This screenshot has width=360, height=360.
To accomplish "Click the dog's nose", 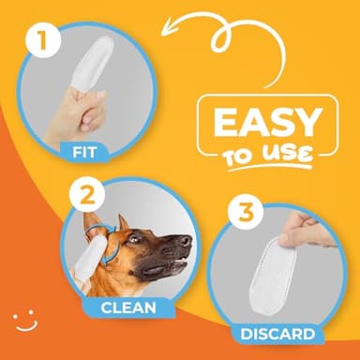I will (186, 241).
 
